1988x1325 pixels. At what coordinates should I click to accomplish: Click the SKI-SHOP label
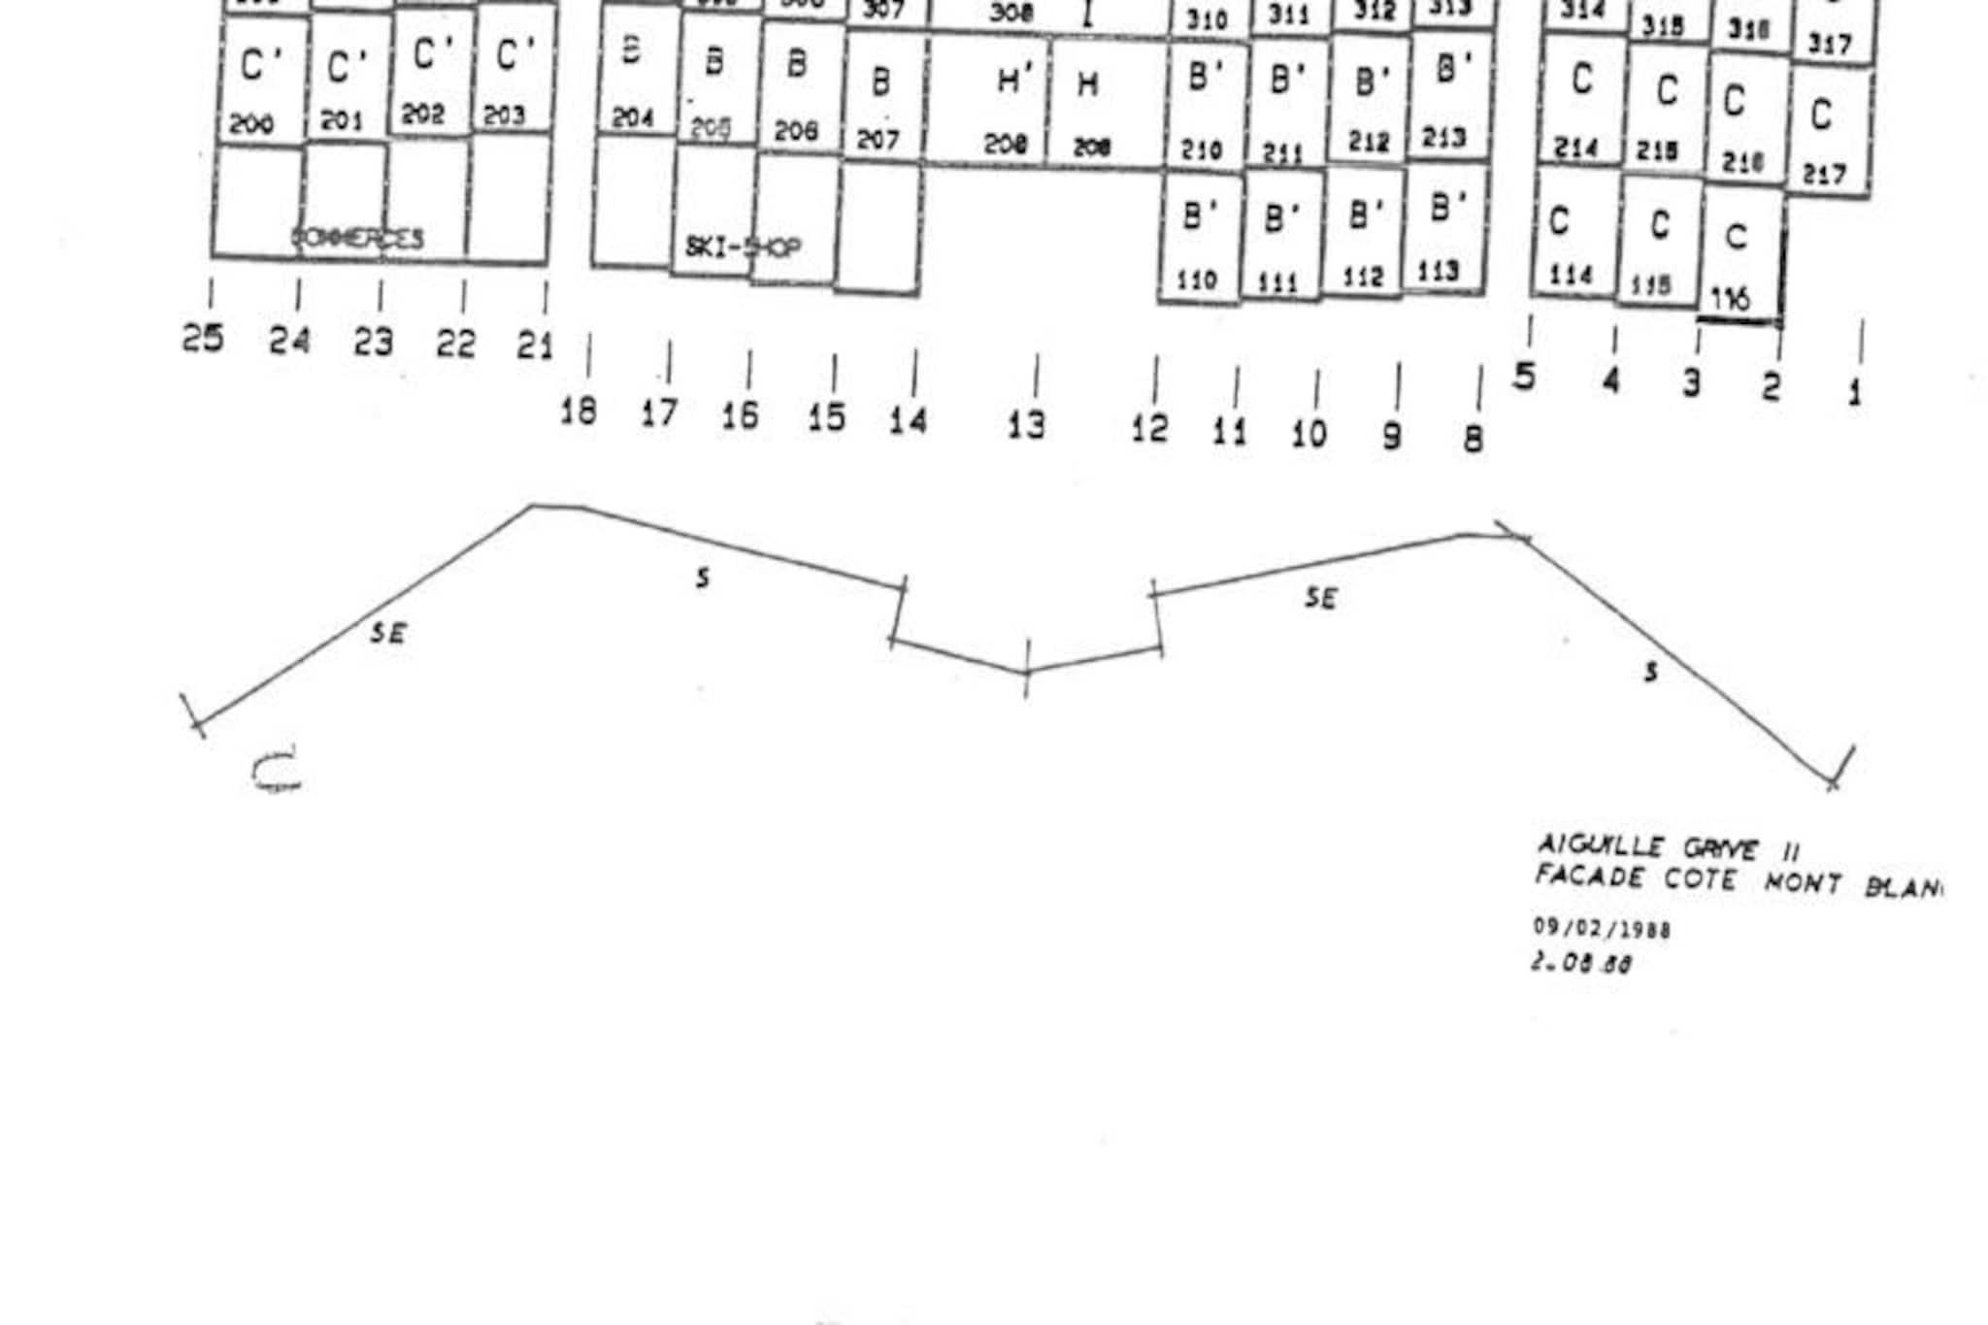[x=744, y=248]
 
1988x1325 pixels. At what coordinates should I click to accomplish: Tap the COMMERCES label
[x=358, y=239]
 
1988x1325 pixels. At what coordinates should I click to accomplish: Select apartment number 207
[x=878, y=141]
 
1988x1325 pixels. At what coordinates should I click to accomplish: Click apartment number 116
[x=1730, y=300]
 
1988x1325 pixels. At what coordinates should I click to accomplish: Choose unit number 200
[x=252, y=124]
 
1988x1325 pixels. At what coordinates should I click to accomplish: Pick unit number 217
[x=1824, y=175]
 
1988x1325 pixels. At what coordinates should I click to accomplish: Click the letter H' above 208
[x=1012, y=82]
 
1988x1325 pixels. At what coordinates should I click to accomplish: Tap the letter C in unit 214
[x=1581, y=79]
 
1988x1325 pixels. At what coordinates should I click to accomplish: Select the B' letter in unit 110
[x=1199, y=216]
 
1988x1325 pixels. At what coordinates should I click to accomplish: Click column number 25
[x=202, y=339]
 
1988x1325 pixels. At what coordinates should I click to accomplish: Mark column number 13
[x=1026, y=424]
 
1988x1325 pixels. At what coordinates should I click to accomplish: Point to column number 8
[x=1473, y=439]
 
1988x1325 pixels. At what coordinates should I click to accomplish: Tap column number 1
[x=1854, y=393]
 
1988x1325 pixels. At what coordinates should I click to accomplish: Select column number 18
[x=579, y=412]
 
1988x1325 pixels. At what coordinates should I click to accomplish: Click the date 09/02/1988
[x=1602, y=928]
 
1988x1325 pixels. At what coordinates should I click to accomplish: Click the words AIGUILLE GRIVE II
[x=1668, y=848]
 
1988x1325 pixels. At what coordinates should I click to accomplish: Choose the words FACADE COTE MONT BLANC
[x=1737, y=881]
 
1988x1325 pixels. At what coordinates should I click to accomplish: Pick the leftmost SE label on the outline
[x=387, y=634]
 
